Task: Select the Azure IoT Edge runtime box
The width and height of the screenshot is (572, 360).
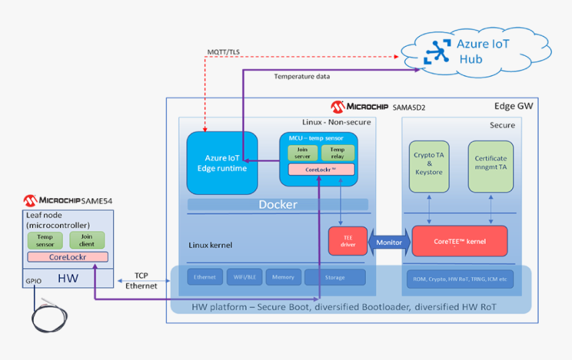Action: coord(222,163)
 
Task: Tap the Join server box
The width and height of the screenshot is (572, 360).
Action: coord(303,152)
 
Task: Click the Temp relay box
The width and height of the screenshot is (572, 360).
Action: coord(337,152)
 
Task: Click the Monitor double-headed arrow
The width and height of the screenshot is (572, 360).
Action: coord(389,242)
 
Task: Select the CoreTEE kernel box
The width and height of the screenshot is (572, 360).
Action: coord(460,242)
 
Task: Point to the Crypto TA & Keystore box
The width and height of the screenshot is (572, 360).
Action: coord(429,166)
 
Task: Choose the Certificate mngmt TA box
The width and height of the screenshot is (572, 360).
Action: coord(490,166)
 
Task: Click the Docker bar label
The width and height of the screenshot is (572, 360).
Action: coord(277,204)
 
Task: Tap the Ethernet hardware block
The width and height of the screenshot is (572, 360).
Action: coord(204,277)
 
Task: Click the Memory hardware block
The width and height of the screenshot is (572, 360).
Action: coord(283,277)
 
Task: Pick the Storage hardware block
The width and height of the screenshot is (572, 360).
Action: coord(335,277)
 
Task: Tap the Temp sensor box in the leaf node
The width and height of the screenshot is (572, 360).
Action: coord(45,240)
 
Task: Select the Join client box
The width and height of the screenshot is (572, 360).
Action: coord(86,240)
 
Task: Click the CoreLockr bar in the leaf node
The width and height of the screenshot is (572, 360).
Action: coord(67,257)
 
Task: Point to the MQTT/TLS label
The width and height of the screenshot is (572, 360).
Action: coord(223,52)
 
